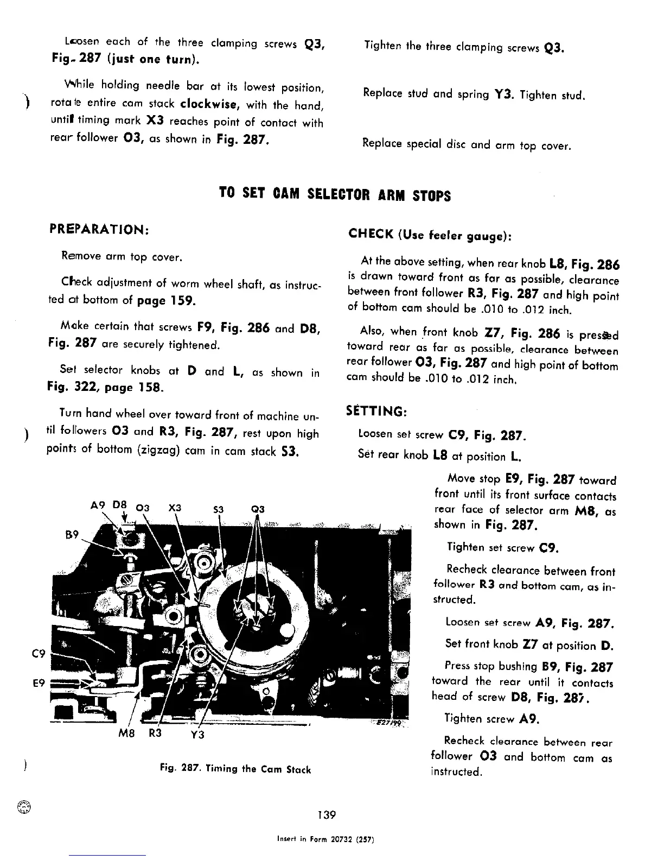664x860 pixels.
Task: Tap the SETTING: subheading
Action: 376,411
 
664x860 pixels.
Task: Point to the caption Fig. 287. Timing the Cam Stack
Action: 235,769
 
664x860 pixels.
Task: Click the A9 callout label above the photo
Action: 98,504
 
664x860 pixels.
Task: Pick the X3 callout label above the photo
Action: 175,508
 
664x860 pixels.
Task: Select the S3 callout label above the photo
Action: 218,509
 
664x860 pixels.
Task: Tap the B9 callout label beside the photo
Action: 72,534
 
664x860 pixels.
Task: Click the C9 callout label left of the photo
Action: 39,654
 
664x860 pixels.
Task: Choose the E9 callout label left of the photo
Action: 39,684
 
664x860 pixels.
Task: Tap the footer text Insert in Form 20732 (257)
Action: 325,839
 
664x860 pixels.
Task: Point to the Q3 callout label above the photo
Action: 258,509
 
